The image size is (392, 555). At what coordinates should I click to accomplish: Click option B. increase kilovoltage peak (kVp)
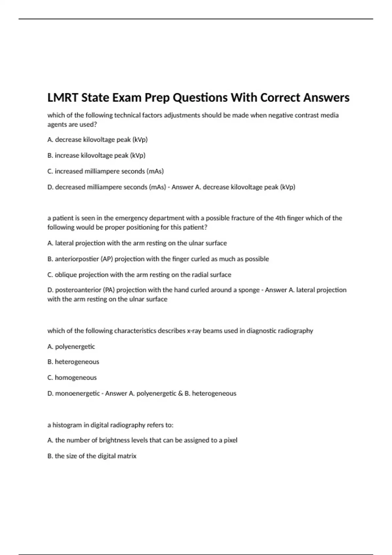(96, 155)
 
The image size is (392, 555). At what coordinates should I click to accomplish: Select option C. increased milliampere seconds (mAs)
(105, 171)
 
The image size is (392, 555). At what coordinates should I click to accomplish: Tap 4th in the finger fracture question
(280, 218)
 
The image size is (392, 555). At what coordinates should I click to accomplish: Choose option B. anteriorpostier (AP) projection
(158, 259)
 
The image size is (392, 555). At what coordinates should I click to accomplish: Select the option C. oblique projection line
(139, 275)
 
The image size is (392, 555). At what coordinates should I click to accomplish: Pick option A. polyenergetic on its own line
(71, 347)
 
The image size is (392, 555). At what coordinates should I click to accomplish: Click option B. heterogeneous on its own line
(73, 362)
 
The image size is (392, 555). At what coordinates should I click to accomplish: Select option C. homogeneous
(72, 378)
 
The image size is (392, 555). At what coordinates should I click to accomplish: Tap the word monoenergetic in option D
(77, 393)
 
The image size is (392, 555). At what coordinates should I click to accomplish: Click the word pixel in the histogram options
(230, 440)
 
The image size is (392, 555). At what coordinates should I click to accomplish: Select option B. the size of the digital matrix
(92, 456)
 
